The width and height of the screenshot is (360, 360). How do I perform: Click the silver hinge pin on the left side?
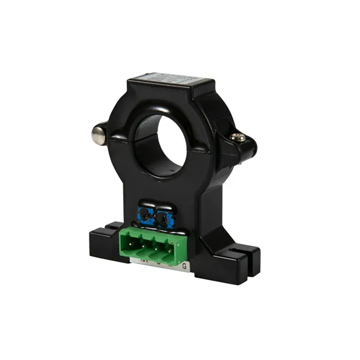tap(98, 133)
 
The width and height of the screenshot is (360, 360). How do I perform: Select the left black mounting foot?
tap(104, 242)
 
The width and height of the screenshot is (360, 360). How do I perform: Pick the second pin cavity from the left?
tap(145, 246)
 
